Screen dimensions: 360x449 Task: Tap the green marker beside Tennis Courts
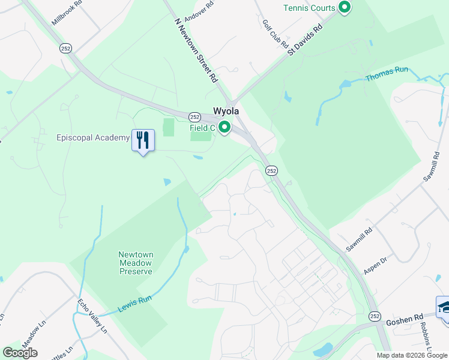(x=345, y=8)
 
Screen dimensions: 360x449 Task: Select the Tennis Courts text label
(x=309, y=8)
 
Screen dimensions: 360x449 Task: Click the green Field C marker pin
(x=224, y=127)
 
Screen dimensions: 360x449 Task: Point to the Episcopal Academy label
(x=94, y=137)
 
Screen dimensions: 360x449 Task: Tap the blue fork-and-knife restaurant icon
(x=143, y=140)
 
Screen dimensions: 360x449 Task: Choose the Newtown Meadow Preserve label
(x=135, y=263)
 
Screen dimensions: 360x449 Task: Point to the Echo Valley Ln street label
(x=92, y=316)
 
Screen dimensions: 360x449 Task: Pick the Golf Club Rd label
(x=276, y=34)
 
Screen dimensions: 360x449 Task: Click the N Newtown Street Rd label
(x=196, y=50)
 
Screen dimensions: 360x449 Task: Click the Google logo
(x=19, y=353)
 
